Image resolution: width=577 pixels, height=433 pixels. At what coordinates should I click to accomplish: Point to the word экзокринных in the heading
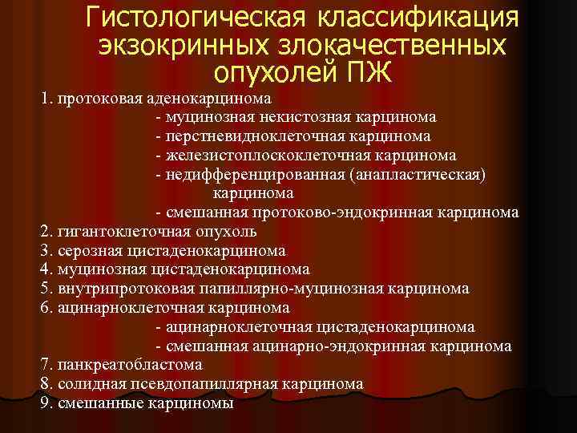172,45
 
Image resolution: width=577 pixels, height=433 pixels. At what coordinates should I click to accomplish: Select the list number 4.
45,270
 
